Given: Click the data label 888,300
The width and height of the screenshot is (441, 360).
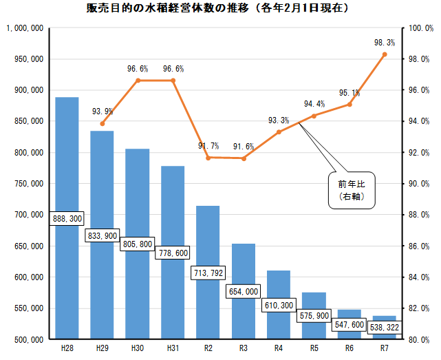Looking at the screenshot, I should tap(67, 218).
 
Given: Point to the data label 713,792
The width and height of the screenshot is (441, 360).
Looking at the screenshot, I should tap(208, 273).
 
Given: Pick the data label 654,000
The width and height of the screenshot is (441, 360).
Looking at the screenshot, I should tap(243, 292).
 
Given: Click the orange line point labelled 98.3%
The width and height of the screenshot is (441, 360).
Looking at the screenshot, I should tap(385, 54).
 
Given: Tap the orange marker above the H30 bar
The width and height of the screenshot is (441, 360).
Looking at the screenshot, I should tap(138, 81).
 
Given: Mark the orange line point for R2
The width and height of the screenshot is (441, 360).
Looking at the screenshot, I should tap(208, 158).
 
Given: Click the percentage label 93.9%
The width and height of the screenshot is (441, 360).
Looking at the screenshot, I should tap(103, 111).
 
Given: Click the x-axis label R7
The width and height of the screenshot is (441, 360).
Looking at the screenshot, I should tap(384, 349).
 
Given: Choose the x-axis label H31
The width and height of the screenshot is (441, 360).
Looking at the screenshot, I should tap(173, 349).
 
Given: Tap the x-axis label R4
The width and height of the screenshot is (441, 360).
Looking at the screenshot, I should tap(279, 349).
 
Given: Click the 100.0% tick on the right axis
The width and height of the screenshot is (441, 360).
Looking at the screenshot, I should tap(418, 28).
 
